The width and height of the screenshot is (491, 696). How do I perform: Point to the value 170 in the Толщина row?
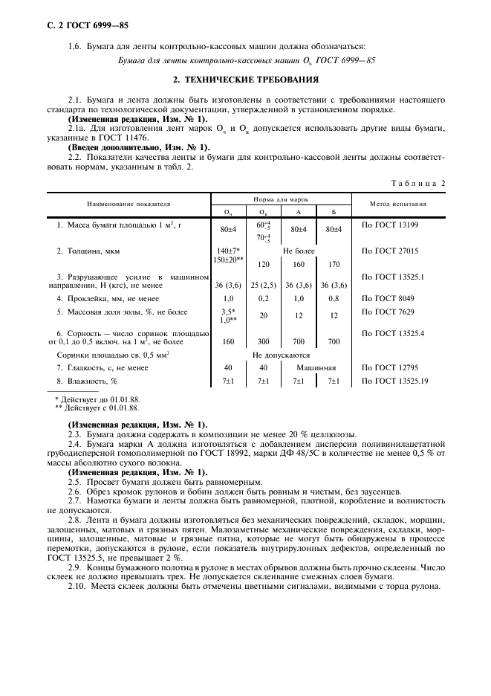click(334, 263)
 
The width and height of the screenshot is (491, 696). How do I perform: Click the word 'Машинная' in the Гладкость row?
click(316, 368)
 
